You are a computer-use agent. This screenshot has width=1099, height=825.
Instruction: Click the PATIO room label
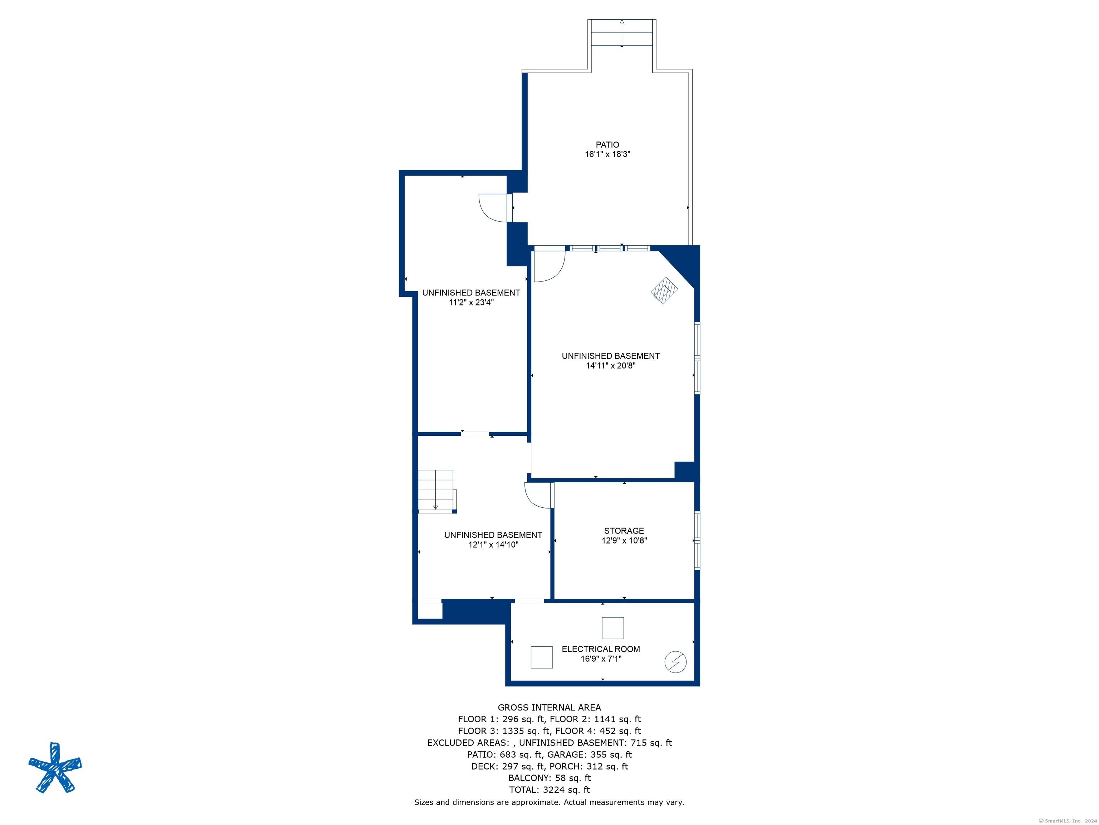(607, 145)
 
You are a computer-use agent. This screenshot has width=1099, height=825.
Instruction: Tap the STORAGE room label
(624, 531)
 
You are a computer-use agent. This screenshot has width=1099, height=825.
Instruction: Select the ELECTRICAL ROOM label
(601, 649)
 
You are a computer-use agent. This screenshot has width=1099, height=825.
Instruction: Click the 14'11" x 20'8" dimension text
(611, 366)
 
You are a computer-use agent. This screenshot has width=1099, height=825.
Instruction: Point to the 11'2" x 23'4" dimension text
(471, 302)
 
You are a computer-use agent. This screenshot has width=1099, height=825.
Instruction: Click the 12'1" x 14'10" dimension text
(493, 545)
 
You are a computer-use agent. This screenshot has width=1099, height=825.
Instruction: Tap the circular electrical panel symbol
(675, 662)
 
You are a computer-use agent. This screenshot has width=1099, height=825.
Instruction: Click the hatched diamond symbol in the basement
(664, 290)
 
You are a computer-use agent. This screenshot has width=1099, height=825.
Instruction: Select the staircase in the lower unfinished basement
(436, 490)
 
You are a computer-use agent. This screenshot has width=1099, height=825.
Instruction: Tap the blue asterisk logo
(55, 767)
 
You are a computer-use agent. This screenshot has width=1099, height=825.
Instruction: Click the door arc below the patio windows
(549, 266)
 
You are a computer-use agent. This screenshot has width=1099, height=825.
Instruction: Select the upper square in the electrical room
(612, 628)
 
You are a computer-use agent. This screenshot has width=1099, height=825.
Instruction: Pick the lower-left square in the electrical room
(542, 657)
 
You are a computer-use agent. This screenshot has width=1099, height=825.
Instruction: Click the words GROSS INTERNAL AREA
(549, 707)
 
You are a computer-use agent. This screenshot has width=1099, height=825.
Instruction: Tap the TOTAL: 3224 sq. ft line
(549, 790)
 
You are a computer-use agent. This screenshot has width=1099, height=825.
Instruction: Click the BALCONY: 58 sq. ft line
(549, 778)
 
